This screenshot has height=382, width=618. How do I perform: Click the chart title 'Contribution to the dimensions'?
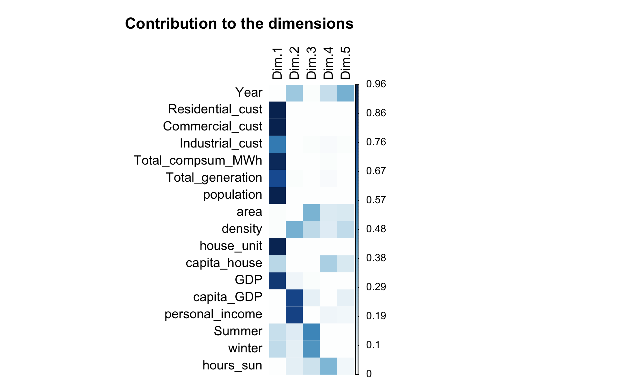click(x=239, y=24)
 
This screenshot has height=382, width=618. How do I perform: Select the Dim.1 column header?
click(x=277, y=63)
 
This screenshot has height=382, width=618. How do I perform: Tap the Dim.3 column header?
click(x=311, y=63)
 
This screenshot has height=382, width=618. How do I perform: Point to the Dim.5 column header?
click(x=345, y=63)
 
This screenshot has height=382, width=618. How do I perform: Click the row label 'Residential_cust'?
click(x=215, y=109)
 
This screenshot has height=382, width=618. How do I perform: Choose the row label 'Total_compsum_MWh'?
click(x=198, y=160)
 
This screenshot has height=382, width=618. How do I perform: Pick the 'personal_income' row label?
click(x=213, y=314)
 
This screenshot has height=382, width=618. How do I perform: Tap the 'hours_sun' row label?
click(x=232, y=365)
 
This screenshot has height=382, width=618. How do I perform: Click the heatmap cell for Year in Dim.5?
click(x=345, y=93)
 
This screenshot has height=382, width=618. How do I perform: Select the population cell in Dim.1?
click(x=277, y=196)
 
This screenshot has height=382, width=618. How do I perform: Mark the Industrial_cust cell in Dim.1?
click(x=277, y=144)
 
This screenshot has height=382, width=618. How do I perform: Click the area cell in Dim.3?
click(x=311, y=213)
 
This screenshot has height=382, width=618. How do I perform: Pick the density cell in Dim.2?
click(x=294, y=230)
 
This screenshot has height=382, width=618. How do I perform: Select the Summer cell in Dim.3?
click(x=311, y=332)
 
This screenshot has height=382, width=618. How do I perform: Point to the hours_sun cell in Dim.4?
click(x=328, y=366)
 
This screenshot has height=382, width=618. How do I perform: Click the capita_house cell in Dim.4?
click(x=328, y=264)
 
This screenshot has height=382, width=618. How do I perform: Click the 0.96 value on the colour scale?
click(x=376, y=84)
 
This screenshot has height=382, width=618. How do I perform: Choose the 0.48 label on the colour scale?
click(x=376, y=229)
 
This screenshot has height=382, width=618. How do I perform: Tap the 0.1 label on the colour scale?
click(x=373, y=345)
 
